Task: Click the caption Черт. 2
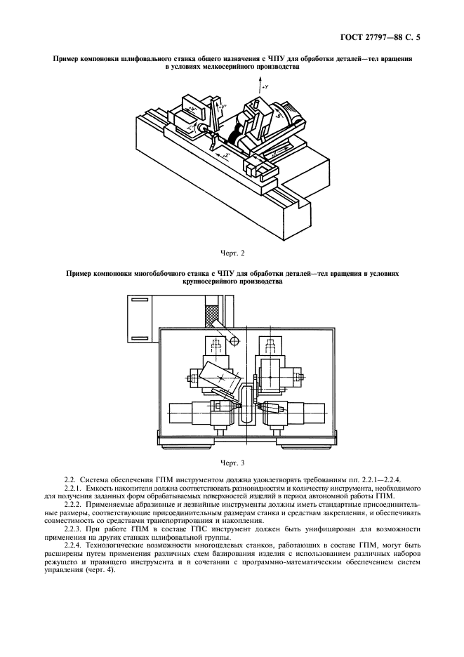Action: pos(232,252)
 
